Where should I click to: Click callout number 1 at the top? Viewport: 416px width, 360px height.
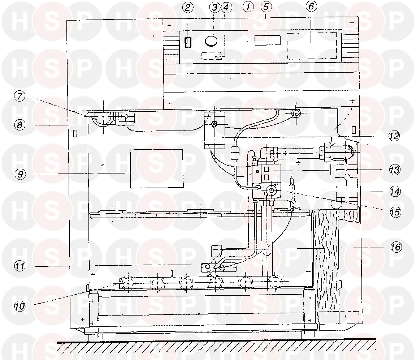pyautogui.click(x=248, y=7)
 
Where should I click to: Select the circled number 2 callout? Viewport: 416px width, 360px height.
pyautogui.click(x=188, y=8)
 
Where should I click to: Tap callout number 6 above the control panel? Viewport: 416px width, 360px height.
pyautogui.click(x=311, y=6)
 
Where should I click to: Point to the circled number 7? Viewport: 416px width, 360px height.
pyautogui.click(x=19, y=96)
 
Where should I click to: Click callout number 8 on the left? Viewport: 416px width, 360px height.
pyautogui.click(x=19, y=125)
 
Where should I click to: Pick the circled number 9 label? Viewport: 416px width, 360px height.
pyautogui.click(x=21, y=174)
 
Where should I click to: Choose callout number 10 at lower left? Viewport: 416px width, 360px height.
pyautogui.click(x=19, y=307)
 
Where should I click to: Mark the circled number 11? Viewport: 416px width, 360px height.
pyautogui.click(x=19, y=266)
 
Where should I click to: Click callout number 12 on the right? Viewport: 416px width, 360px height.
pyautogui.click(x=394, y=136)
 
